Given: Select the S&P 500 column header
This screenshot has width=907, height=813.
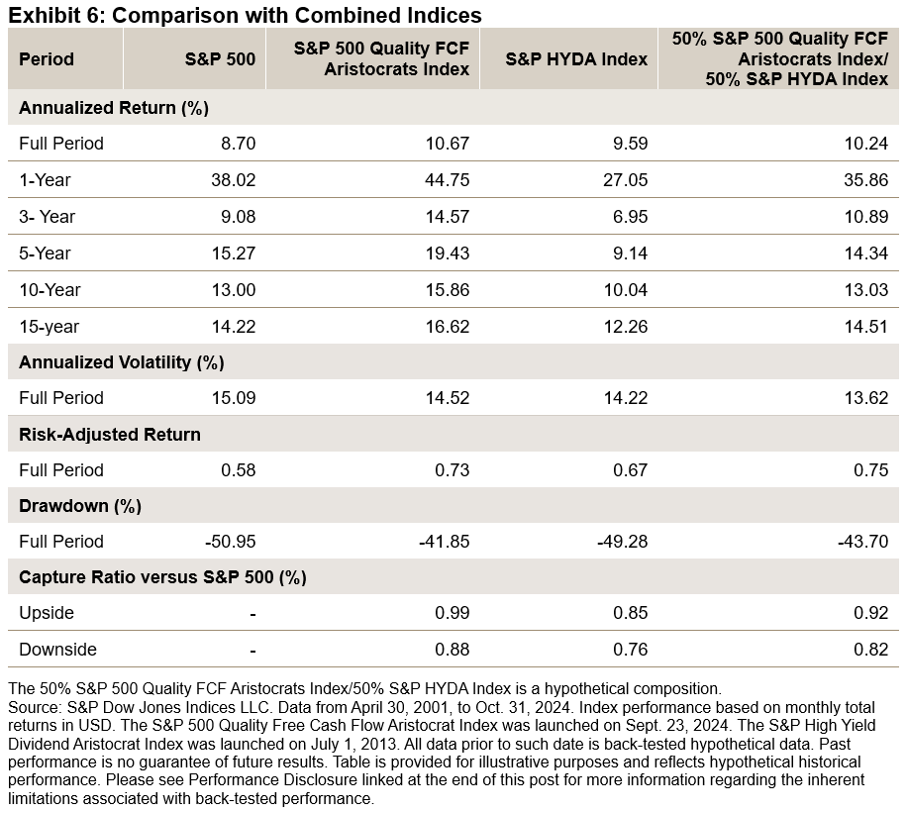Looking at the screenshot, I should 220,58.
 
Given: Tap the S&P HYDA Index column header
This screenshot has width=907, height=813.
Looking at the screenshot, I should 576,58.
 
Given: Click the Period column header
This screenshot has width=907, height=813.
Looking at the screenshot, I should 47,58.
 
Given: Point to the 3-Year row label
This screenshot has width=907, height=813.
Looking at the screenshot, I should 48,217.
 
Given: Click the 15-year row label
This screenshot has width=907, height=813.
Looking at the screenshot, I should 49,327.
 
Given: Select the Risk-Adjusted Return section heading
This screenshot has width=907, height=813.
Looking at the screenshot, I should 110,434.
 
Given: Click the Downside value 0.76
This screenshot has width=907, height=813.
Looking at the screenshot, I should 631,650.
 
